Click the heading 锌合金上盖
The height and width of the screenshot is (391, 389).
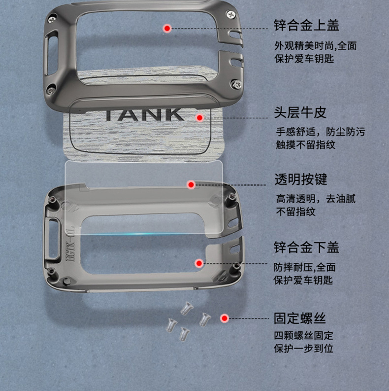tap(306, 25)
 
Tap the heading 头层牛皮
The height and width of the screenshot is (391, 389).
tap(300, 112)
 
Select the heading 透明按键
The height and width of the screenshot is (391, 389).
tap(301, 179)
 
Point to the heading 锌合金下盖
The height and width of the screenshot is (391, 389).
tap(306, 247)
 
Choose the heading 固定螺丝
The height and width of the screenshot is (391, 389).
tap(300, 318)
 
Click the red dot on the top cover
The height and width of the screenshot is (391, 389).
tap(167, 29)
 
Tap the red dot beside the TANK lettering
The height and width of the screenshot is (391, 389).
tap(199, 118)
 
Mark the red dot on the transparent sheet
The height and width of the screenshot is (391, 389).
tap(191, 185)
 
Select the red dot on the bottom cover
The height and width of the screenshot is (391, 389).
tap(199, 263)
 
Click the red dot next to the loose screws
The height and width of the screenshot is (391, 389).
tap(225, 318)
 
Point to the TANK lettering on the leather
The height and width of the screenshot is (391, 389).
tap(144, 115)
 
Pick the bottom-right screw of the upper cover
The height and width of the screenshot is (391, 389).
tap(236, 84)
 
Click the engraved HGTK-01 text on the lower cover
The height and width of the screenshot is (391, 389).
tap(70, 243)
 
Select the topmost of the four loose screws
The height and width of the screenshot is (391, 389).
tap(187, 308)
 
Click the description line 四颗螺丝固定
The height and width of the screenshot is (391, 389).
tap(304, 335)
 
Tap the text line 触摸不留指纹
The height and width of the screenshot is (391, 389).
tap(306, 144)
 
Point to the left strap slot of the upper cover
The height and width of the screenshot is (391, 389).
tap(51, 53)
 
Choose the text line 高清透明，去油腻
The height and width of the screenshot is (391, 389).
tap(316, 199)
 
